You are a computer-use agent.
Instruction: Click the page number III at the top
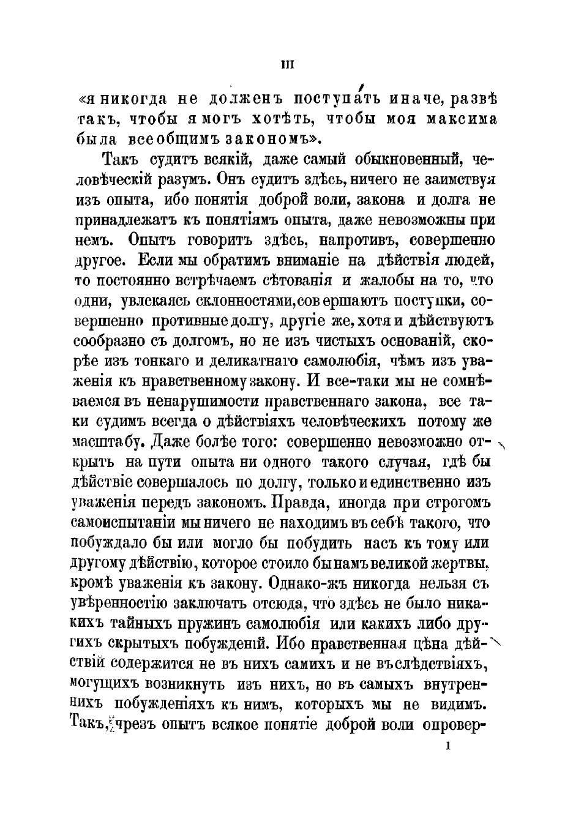tap(286, 65)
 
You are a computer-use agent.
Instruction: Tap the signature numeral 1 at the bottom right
tap(450, 746)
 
